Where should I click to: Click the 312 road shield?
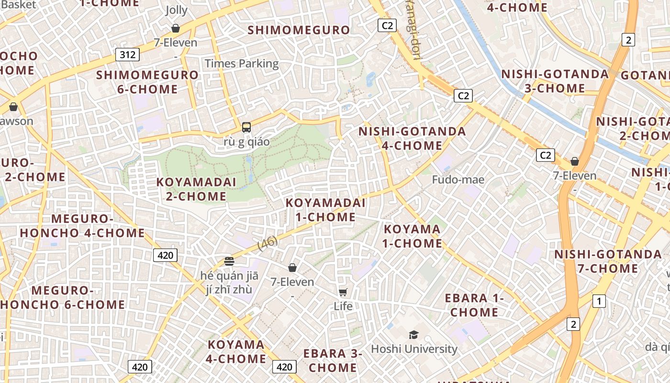click(x=128, y=55)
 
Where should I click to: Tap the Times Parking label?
click(x=242, y=64)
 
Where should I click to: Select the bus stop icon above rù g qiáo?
click(x=246, y=127)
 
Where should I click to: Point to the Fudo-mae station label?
click(x=458, y=180)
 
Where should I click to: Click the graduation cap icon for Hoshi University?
click(x=413, y=335)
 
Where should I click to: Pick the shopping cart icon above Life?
click(x=343, y=292)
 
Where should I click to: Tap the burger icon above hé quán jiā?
click(x=229, y=261)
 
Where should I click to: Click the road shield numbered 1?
click(x=599, y=301)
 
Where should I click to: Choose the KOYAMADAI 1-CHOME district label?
click(x=325, y=210)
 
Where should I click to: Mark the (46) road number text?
click(x=268, y=243)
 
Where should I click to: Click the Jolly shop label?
click(x=177, y=10)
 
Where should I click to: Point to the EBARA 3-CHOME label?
click(x=333, y=360)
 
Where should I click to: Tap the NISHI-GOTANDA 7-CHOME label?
click(x=608, y=261)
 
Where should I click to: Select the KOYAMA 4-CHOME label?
click(x=236, y=351)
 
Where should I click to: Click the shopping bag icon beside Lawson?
click(x=13, y=106)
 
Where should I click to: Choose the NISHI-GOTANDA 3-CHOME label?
click(x=555, y=81)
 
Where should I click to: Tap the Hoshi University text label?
click(x=414, y=349)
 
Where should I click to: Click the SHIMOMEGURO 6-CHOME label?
click(x=147, y=82)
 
